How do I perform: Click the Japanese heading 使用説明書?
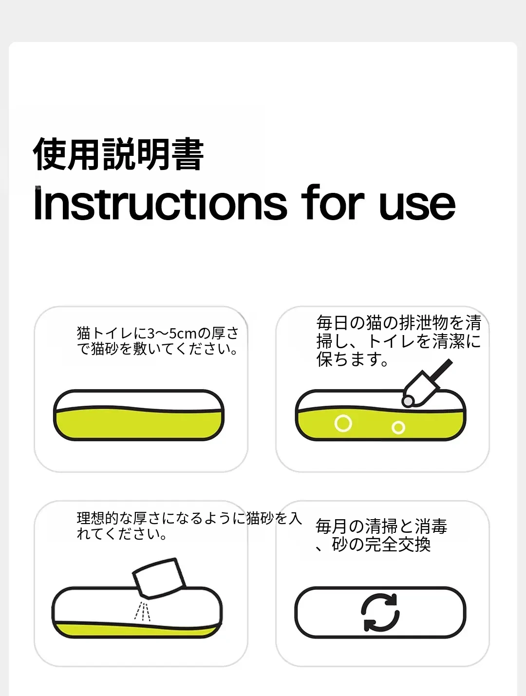pos(118,154)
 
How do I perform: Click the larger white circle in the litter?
pos(343,423)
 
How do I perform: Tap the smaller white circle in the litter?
pos(398,428)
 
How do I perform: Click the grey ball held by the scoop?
pos(408,401)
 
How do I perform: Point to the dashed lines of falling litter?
pos(142,611)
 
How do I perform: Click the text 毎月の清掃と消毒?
pos(381,527)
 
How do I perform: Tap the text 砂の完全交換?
pos(381,545)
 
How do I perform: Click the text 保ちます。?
pos(353,359)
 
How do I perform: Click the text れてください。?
pos(122,534)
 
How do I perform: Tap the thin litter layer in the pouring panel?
pos(136,630)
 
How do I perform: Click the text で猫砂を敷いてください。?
pos(158,349)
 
